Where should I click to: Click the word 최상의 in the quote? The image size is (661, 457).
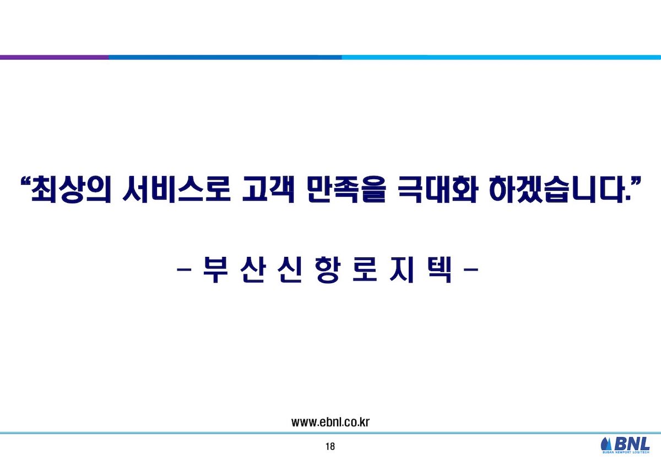pos(71,189)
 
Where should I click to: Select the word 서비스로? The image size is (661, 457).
pos(176,189)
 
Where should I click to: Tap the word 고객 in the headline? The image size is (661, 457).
pos(269,189)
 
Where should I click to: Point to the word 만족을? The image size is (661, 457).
pos(346,189)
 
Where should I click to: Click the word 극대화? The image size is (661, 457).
pos(437,189)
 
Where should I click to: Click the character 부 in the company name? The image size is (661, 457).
pos(216,269)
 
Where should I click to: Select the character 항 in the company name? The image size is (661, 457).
pos(328,269)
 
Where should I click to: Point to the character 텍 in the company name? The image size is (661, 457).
pos(440,269)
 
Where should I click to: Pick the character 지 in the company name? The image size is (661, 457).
pos(402,269)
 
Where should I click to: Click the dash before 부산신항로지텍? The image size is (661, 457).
pos(184,269)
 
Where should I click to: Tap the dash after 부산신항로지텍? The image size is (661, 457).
pos(471,269)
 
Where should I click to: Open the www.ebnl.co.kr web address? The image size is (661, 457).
pos(330,422)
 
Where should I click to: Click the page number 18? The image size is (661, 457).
pos(330,447)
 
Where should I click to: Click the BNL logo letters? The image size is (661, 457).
pos(632,444)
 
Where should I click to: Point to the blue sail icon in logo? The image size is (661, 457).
pos(606,444)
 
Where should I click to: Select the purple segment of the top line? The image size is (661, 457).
pos(55,57)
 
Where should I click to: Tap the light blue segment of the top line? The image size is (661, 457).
pos(501,57)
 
